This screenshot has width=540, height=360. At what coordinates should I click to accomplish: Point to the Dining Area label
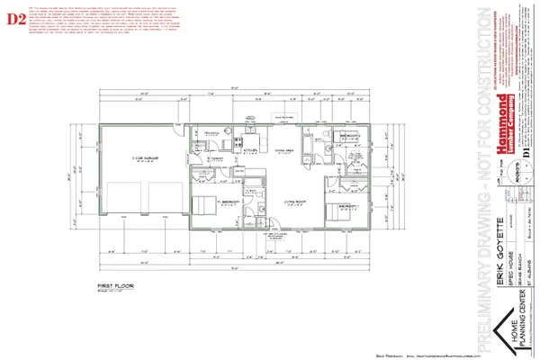pyautogui.click(x=285, y=150)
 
